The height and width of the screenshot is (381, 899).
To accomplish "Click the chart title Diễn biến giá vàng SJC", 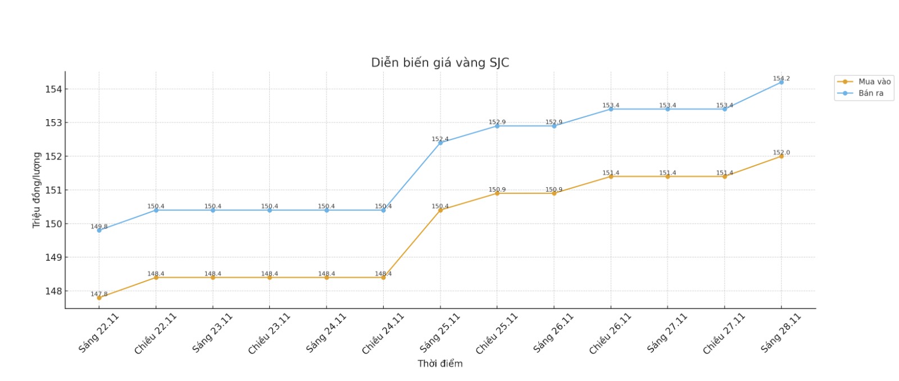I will coord(440,62).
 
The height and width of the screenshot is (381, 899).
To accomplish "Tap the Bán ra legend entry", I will coord(870,93).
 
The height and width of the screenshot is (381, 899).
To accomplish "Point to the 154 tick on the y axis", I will coord(53,89).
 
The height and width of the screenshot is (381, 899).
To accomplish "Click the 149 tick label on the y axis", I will coord(53,257).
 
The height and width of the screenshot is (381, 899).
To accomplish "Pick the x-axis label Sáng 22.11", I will coord(99,333).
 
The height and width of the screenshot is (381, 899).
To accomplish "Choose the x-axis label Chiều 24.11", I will coord(383,334).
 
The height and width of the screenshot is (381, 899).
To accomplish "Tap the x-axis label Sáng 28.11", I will coord(780,333).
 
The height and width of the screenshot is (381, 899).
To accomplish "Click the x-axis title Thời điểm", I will coord(440,364).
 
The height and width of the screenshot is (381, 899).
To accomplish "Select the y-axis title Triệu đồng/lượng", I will coord(37,190).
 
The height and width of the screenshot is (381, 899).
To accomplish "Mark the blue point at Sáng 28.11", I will coord(781,82).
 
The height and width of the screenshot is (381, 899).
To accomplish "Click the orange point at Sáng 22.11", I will coord(99,298).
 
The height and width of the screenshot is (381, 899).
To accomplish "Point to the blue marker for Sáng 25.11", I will coord(440,143).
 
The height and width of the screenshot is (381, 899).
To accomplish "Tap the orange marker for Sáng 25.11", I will coord(440,210).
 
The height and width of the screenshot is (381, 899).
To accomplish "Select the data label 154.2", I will coord(781,79).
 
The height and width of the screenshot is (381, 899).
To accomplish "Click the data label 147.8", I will coord(99,294).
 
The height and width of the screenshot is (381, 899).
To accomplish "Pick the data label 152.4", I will coord(440,139).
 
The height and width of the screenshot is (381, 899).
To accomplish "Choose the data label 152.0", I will coord(781,152).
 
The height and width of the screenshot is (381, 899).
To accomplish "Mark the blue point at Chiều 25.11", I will coord(497,126).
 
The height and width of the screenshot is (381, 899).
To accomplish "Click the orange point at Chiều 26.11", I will coord(611,176).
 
